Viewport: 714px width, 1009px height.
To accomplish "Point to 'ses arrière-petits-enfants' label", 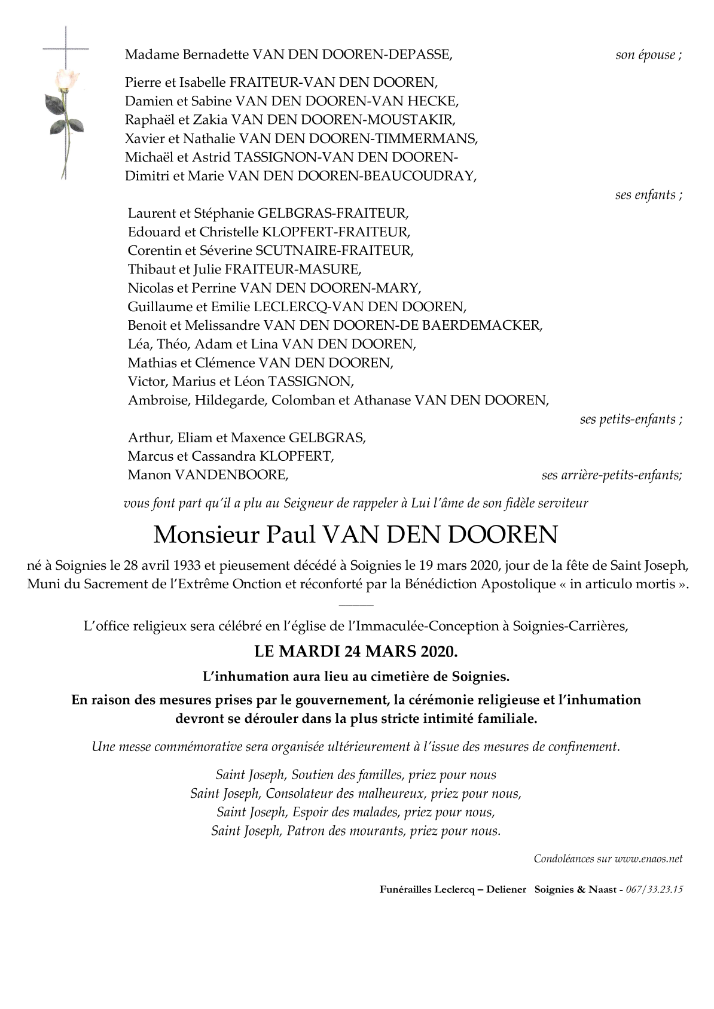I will [x=611, y=475].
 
